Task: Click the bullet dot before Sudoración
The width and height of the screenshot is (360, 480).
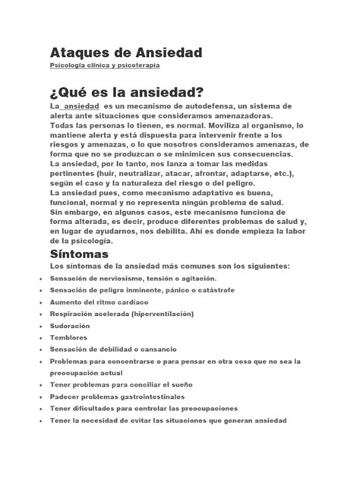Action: point(39,325)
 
